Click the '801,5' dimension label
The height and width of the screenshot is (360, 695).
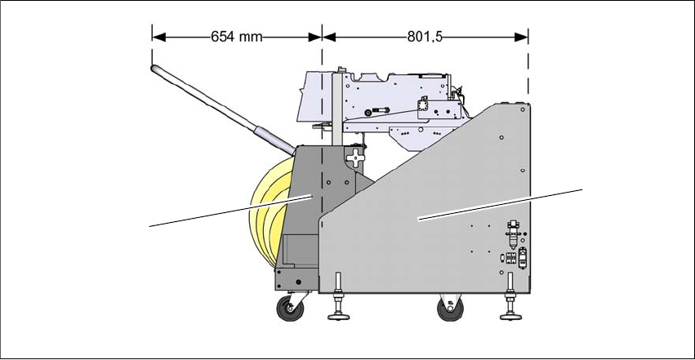(x=425, y=37)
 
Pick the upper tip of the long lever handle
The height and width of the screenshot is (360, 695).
(x=154, y=69)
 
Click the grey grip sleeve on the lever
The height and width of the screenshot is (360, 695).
(x=274, y=140)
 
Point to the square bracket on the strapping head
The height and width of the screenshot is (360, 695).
(x=422, y=107)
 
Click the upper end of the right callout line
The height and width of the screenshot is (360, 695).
(x=583, y=189)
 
